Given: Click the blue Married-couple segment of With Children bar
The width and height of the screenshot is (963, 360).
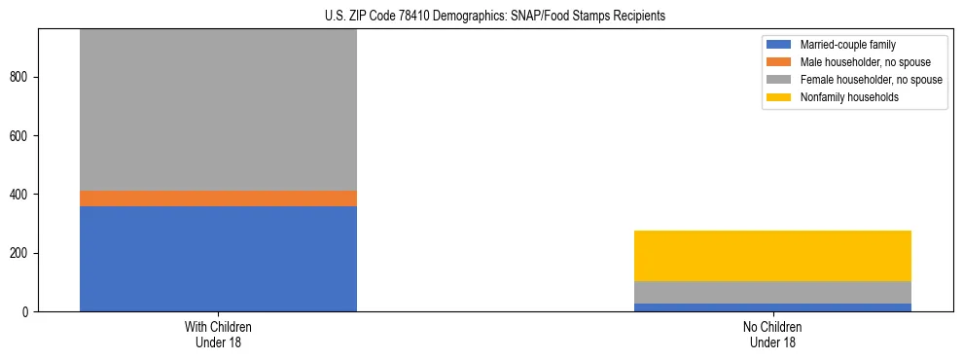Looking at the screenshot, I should (218, 259).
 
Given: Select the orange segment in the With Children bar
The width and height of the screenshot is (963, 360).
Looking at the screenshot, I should (218, 198).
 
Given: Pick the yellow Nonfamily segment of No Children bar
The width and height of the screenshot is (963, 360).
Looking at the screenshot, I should (772, 256).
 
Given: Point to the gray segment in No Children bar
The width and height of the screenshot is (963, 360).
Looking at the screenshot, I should (772, 292).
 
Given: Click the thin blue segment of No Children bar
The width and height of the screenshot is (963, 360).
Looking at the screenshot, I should (772, 307).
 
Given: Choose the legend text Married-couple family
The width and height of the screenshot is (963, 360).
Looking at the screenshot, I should (848, 45).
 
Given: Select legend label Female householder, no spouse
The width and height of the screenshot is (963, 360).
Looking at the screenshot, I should (871, 80).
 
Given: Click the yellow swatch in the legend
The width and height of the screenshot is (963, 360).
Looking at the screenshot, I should (780, 97).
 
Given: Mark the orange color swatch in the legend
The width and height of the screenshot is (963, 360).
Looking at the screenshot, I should (780, 62).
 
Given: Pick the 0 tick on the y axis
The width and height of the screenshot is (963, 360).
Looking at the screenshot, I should (29, 312).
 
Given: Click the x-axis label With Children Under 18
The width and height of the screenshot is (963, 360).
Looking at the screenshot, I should (218, 335).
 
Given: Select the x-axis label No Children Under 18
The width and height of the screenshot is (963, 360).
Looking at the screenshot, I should (772, 335).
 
